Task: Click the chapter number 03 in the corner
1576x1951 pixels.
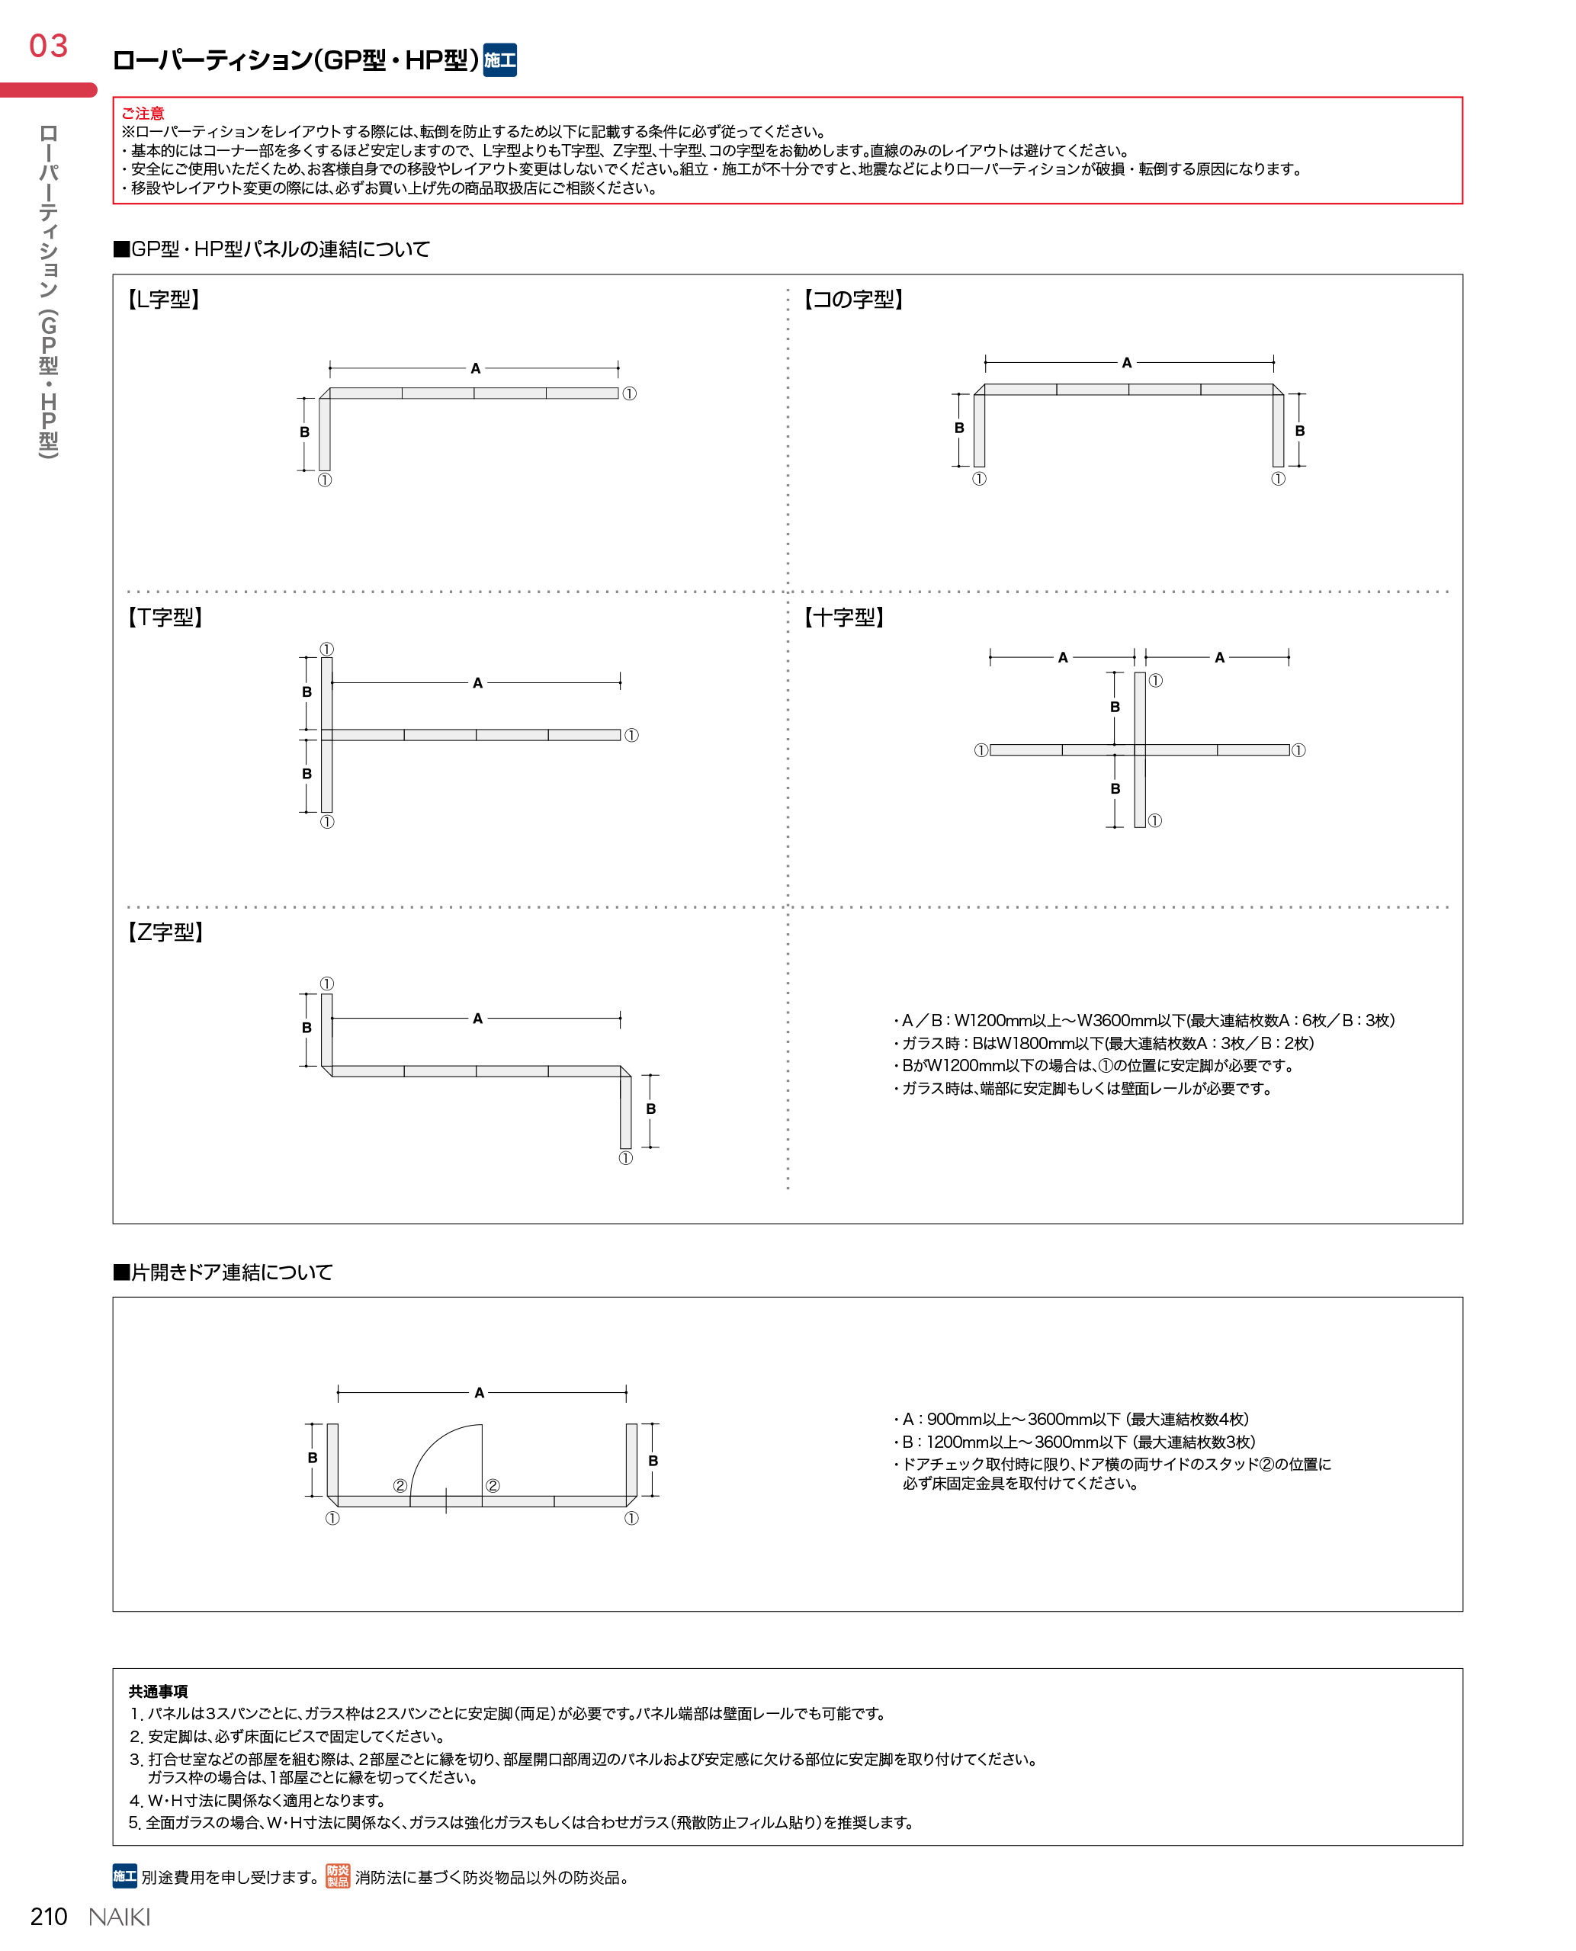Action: coord(48,46)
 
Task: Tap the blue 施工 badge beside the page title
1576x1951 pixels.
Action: coord(499,60)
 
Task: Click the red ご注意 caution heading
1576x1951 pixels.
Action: coord(143,114)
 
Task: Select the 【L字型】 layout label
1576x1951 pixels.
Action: coord(163,300)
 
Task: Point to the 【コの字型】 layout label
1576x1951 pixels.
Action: coord(852,300)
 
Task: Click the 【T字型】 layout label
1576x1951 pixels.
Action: coord(165,618)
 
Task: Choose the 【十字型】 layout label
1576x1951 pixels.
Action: coord(843,618)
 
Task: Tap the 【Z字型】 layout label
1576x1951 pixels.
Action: coord(165,932)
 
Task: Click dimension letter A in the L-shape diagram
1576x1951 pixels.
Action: coord(475,368)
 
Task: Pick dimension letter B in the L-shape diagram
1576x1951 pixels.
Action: coord(305,432)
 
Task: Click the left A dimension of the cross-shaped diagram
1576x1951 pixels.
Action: coord(1062,657)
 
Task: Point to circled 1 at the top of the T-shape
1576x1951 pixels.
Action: coord(327,649)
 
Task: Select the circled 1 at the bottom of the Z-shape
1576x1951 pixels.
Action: coord(625,1158)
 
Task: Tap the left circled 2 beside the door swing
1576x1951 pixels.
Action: coord(400,1485)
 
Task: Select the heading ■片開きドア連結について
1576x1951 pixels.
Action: coord(223,1272)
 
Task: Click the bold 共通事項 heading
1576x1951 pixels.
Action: coord(158,1691)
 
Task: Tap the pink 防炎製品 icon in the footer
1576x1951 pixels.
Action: coord(338,1876)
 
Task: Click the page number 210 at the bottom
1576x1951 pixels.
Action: coord(49,1917)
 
